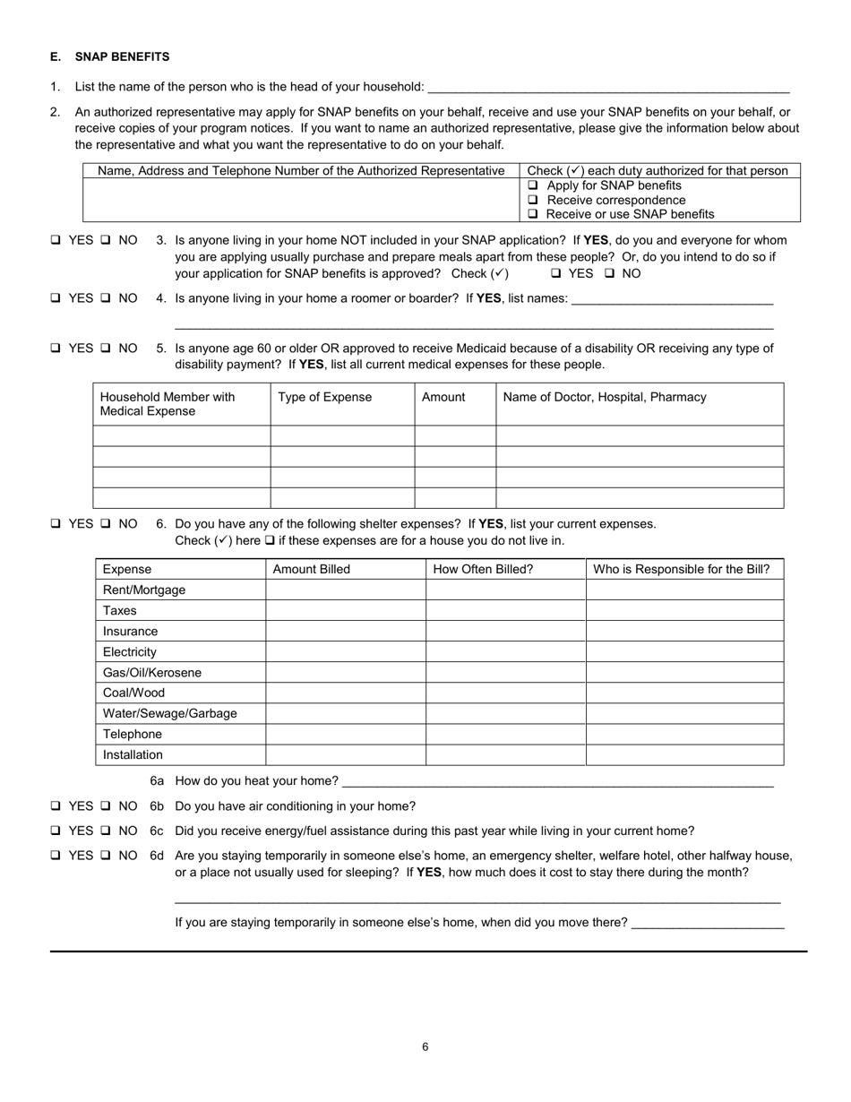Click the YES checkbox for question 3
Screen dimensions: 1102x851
56,240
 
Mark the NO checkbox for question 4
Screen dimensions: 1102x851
106,298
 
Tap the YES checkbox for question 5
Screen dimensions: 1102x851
56,349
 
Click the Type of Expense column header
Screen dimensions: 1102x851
324,397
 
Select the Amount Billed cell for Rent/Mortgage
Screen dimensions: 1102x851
345,590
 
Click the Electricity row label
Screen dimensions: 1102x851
130,652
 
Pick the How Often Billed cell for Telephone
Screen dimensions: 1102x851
505,735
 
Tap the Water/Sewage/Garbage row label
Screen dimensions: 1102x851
170,714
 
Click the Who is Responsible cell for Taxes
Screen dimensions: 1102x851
684,611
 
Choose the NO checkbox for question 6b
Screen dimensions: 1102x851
106,806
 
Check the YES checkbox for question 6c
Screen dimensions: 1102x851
56,831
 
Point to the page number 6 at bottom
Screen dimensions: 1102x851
425,1047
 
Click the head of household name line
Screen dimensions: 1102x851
609,87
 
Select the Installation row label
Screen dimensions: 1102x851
133,755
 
